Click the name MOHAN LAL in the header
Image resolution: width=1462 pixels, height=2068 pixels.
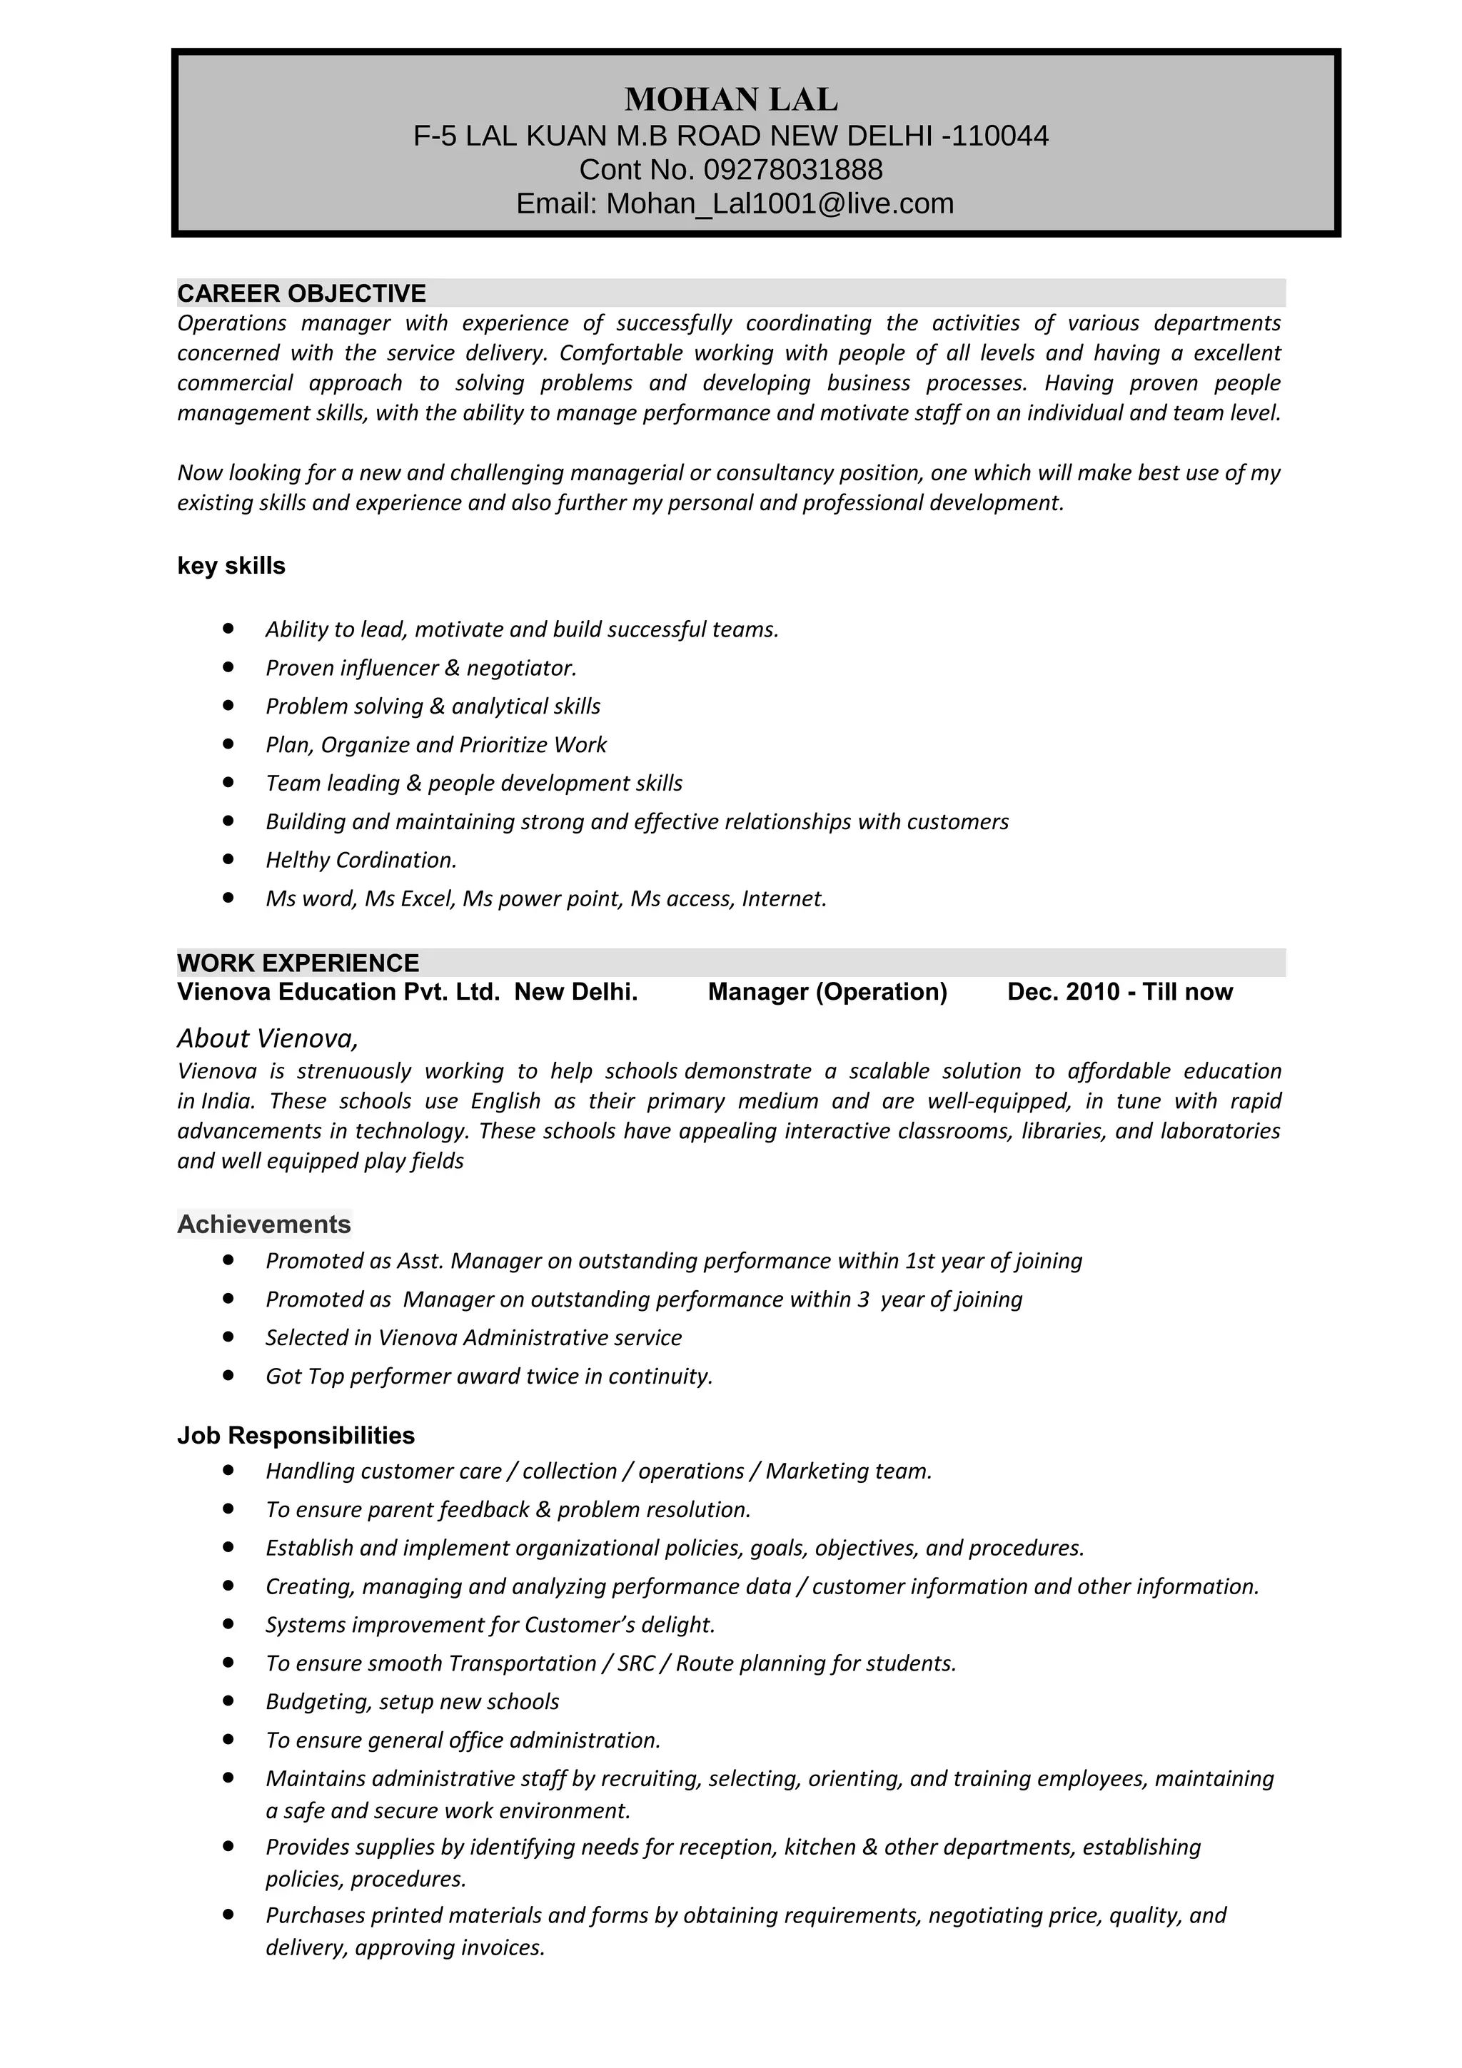pyautogui.click(x=730, y=99)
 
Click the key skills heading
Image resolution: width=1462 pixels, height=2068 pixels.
pyautogui.click(x=231, y=566)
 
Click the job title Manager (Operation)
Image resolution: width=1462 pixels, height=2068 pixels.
pyautogui.click(x=827, y=992)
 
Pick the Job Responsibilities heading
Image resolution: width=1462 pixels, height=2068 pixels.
pyautogui.click(x=296, y=1435)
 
